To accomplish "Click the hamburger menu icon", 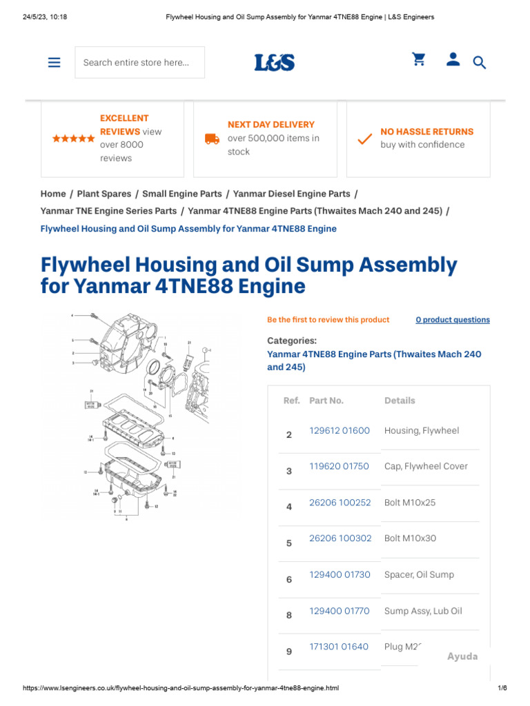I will [x=55, y=62].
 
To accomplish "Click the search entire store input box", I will [x=139, y=63].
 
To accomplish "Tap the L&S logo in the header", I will [x=274, y=63].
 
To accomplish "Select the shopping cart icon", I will [x=419, y=60].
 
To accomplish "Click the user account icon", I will [x=453, y=60].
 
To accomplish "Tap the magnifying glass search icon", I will [x=480, y=63].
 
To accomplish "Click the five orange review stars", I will [x=74, y=139].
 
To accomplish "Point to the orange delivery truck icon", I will [x=213, y=139].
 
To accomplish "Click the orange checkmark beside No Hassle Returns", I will [x=364, y=139].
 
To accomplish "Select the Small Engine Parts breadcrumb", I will [x=182, y=194].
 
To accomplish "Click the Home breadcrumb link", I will [x=53, y=194].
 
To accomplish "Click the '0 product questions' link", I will [x=453, y=320].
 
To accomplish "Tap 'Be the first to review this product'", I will [x=328, y=320].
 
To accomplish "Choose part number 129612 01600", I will [x=340, y=430].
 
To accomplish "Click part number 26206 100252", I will [x=340, y=503].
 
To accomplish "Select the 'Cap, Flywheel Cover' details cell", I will [x=426, y=466].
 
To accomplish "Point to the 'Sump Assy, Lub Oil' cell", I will [x=423, y=611].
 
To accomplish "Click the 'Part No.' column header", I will [x=326, y=401].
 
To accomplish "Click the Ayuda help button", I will [x=462, y=656].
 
